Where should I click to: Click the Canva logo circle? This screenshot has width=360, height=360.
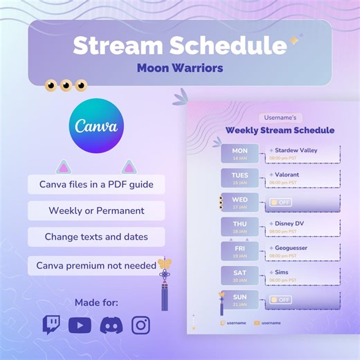96,127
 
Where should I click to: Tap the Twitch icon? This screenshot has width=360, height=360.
51,325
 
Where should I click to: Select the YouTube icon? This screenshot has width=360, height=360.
80,325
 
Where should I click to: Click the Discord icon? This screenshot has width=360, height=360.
111,325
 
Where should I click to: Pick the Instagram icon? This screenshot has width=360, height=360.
141,325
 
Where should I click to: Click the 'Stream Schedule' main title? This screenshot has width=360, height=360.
179,46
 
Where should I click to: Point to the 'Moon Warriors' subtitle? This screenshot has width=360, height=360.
179,69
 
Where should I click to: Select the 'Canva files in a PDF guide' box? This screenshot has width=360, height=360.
96,185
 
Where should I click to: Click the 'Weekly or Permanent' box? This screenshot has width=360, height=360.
96,210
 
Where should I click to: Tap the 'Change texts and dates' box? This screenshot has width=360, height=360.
96,237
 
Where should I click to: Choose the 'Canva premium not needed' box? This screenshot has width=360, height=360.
96,265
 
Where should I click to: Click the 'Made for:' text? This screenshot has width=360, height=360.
96,302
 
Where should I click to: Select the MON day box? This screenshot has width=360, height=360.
240,154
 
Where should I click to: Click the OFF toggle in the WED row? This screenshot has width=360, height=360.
280,202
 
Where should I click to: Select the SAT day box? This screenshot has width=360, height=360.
240,276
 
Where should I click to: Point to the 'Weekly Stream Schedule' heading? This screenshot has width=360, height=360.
280,130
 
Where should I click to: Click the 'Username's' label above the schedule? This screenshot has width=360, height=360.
280,118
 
